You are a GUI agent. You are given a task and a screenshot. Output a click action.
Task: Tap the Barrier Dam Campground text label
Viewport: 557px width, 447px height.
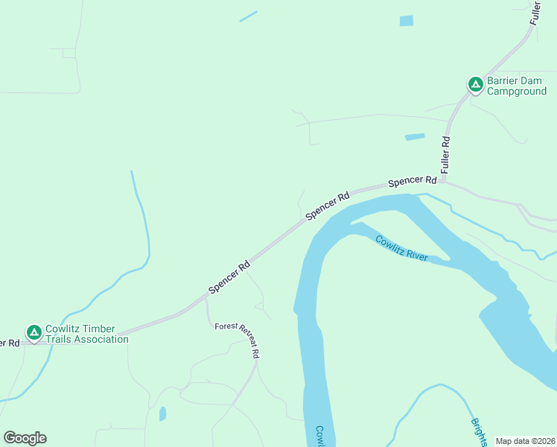click(517, 86)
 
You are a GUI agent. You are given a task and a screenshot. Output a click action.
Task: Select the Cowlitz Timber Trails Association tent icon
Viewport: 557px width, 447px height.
click(34, 332)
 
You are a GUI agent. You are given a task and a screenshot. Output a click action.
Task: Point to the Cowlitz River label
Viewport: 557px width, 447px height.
click(401, 248)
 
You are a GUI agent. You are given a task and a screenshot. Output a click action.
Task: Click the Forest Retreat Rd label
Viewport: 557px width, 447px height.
click(237, 339)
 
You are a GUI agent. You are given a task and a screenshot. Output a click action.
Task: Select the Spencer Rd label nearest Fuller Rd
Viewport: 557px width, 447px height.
click(412, 181)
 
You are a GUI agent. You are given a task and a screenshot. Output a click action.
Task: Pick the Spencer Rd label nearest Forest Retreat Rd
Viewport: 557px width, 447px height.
click(229, 277)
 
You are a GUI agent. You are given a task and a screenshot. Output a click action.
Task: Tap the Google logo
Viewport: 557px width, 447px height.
click(25, 438)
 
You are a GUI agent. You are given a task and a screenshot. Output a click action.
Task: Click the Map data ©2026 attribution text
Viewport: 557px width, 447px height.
click(525, 441)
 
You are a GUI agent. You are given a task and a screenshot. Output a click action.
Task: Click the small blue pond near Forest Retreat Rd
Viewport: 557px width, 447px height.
click(162, 413)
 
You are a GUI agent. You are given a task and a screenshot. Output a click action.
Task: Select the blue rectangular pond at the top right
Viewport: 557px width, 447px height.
click(406, 21)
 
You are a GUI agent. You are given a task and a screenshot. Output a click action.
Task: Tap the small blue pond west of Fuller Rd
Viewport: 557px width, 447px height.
click(414, 137)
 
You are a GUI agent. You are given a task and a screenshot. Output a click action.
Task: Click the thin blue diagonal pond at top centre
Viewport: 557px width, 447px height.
click(248, 16)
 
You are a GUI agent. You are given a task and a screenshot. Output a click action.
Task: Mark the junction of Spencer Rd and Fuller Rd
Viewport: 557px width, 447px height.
click(445, 180)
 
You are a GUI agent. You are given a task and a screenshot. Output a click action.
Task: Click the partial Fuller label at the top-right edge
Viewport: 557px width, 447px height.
click(535, 13)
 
